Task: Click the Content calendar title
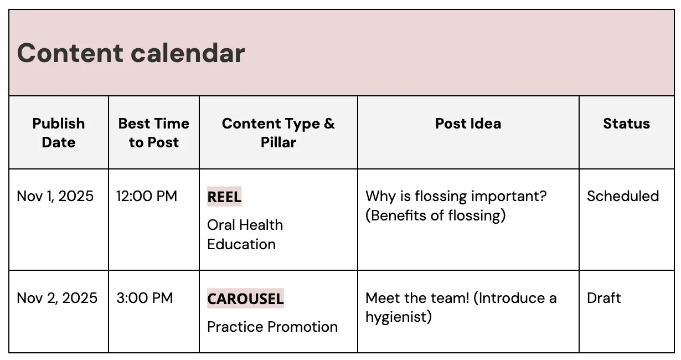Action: coord(131,53)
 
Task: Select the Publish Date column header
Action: coord(59,133)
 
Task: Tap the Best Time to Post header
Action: coord(154,133)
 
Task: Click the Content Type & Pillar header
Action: coord(278,133)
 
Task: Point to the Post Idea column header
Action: coord(468,124)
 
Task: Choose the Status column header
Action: coord(626,124)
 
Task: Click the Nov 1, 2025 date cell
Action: coord(55,196)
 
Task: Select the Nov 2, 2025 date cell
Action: coord(57,298)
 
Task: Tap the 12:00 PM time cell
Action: coord(147,196)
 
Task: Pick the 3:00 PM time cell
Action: coord(145,298)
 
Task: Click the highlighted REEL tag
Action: coord(224,197)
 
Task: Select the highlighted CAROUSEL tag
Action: coord(245,299)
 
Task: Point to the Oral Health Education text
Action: coord(245,234)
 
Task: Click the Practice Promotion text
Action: coord(272,327)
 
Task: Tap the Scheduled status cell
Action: coord(623,196)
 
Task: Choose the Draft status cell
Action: coord(604,298)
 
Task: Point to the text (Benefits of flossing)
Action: coord(436,215)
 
